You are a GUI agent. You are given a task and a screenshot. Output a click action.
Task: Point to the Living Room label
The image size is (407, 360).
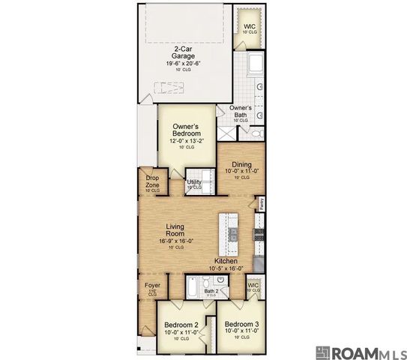click(x=175, y=229)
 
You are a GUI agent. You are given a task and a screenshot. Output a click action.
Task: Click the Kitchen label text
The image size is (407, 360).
click(x=226, y=261)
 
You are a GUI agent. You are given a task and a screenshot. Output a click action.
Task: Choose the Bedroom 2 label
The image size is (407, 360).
click(x=181, y=325)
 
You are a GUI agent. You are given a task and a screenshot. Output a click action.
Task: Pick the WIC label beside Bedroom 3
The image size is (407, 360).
click(x=253, y=286)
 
